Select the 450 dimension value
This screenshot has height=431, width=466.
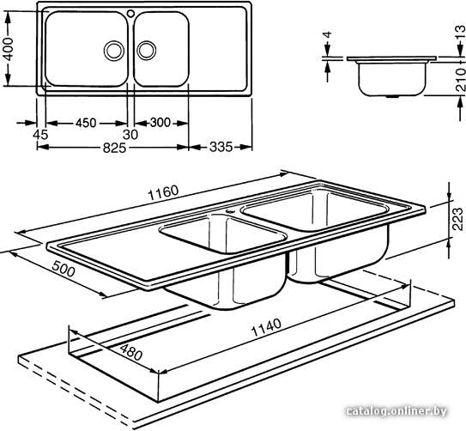click(86, 123)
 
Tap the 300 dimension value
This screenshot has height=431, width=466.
click(160, 123)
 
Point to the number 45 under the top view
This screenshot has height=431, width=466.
click(40, 135)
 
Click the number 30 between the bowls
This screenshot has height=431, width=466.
click(130, 135)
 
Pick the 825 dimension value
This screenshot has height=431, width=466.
click(114, 148)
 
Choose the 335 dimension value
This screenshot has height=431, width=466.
click(221, 147)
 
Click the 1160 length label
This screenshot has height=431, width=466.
click(163, 193)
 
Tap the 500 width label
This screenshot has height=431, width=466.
click(64, 269)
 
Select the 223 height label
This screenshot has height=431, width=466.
click(457, 219)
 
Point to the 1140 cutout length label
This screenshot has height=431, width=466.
click(266, 327)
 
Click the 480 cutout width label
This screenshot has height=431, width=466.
click(131, 352)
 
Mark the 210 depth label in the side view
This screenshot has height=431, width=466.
click(460, 79)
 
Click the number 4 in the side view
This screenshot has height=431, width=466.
click(327, 35)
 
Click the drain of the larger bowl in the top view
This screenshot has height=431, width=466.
click(114, 51)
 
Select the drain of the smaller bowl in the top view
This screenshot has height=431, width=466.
click(146, 50)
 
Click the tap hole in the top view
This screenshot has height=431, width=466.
click(130, 13)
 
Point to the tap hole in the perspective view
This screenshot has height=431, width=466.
click(230, 211)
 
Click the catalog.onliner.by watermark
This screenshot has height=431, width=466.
click(396, 411)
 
